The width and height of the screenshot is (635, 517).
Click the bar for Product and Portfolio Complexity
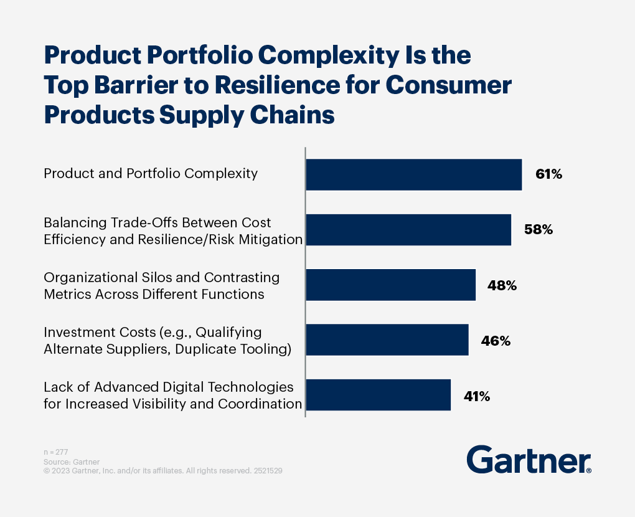coord(414,174)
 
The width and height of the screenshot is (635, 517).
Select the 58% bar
coord(408,230)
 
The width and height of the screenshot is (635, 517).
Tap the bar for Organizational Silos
coord(391,285)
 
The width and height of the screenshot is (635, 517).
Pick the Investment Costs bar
coord(387,340)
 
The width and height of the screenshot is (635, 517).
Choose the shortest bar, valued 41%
coord(379,395)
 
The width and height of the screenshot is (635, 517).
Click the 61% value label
coord(548,174)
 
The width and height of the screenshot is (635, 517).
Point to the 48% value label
coord(502,286)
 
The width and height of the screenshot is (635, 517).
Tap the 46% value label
coord(496,341)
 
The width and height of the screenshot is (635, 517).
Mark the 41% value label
coord(477,396)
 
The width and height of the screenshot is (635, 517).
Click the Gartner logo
coord(529,460)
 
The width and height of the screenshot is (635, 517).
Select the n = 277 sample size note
coord(56,452)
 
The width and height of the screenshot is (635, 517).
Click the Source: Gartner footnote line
coord(72,462)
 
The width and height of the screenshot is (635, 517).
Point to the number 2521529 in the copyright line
coord(268,471)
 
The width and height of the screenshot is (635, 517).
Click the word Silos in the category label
coord(157,278)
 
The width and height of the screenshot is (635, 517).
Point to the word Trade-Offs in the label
coord(144,223)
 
